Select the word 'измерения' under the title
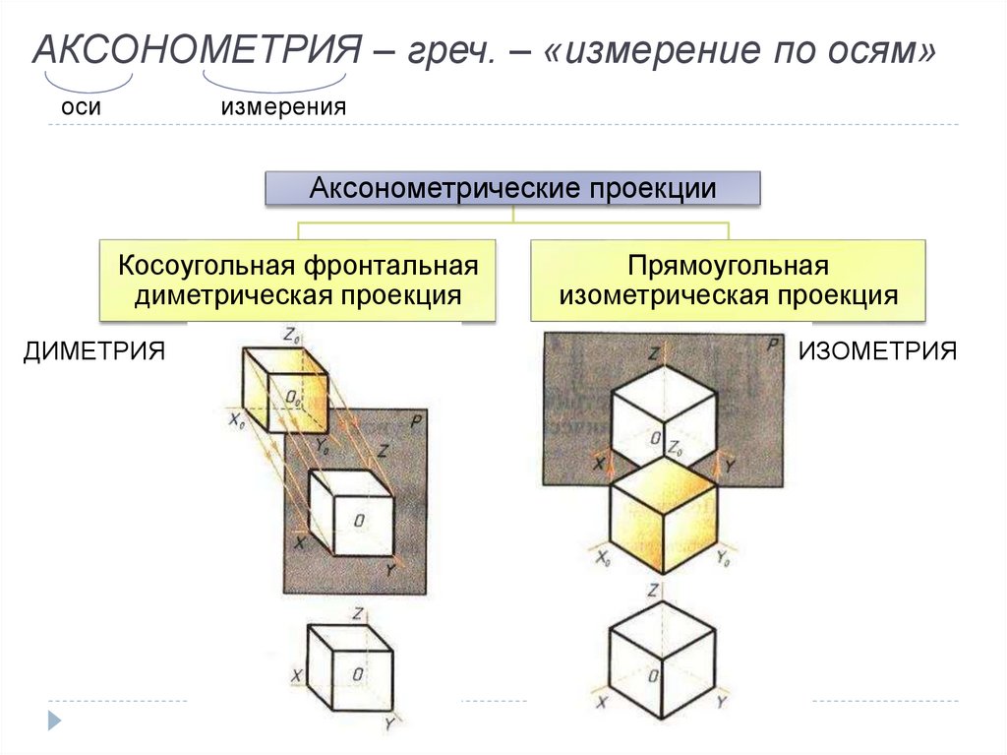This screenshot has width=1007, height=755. click(x=283, y=106)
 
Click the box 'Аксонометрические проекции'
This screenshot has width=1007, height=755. click(x=512, y=188)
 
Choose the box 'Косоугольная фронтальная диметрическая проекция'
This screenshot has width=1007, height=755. click(x=298, y=281)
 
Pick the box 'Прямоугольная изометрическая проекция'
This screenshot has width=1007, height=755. click(x=728, y=281)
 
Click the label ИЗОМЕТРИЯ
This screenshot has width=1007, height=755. click(x=877, y=351)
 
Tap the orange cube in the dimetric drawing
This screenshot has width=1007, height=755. click(x=284, y=389)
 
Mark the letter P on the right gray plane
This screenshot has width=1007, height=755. click(x=773, y=345)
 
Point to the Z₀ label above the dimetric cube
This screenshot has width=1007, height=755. click(x=291, y=335)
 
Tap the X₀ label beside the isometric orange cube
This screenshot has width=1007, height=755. click(x=602, y=558)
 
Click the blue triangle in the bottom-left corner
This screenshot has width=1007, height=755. click(x=55, y=720)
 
